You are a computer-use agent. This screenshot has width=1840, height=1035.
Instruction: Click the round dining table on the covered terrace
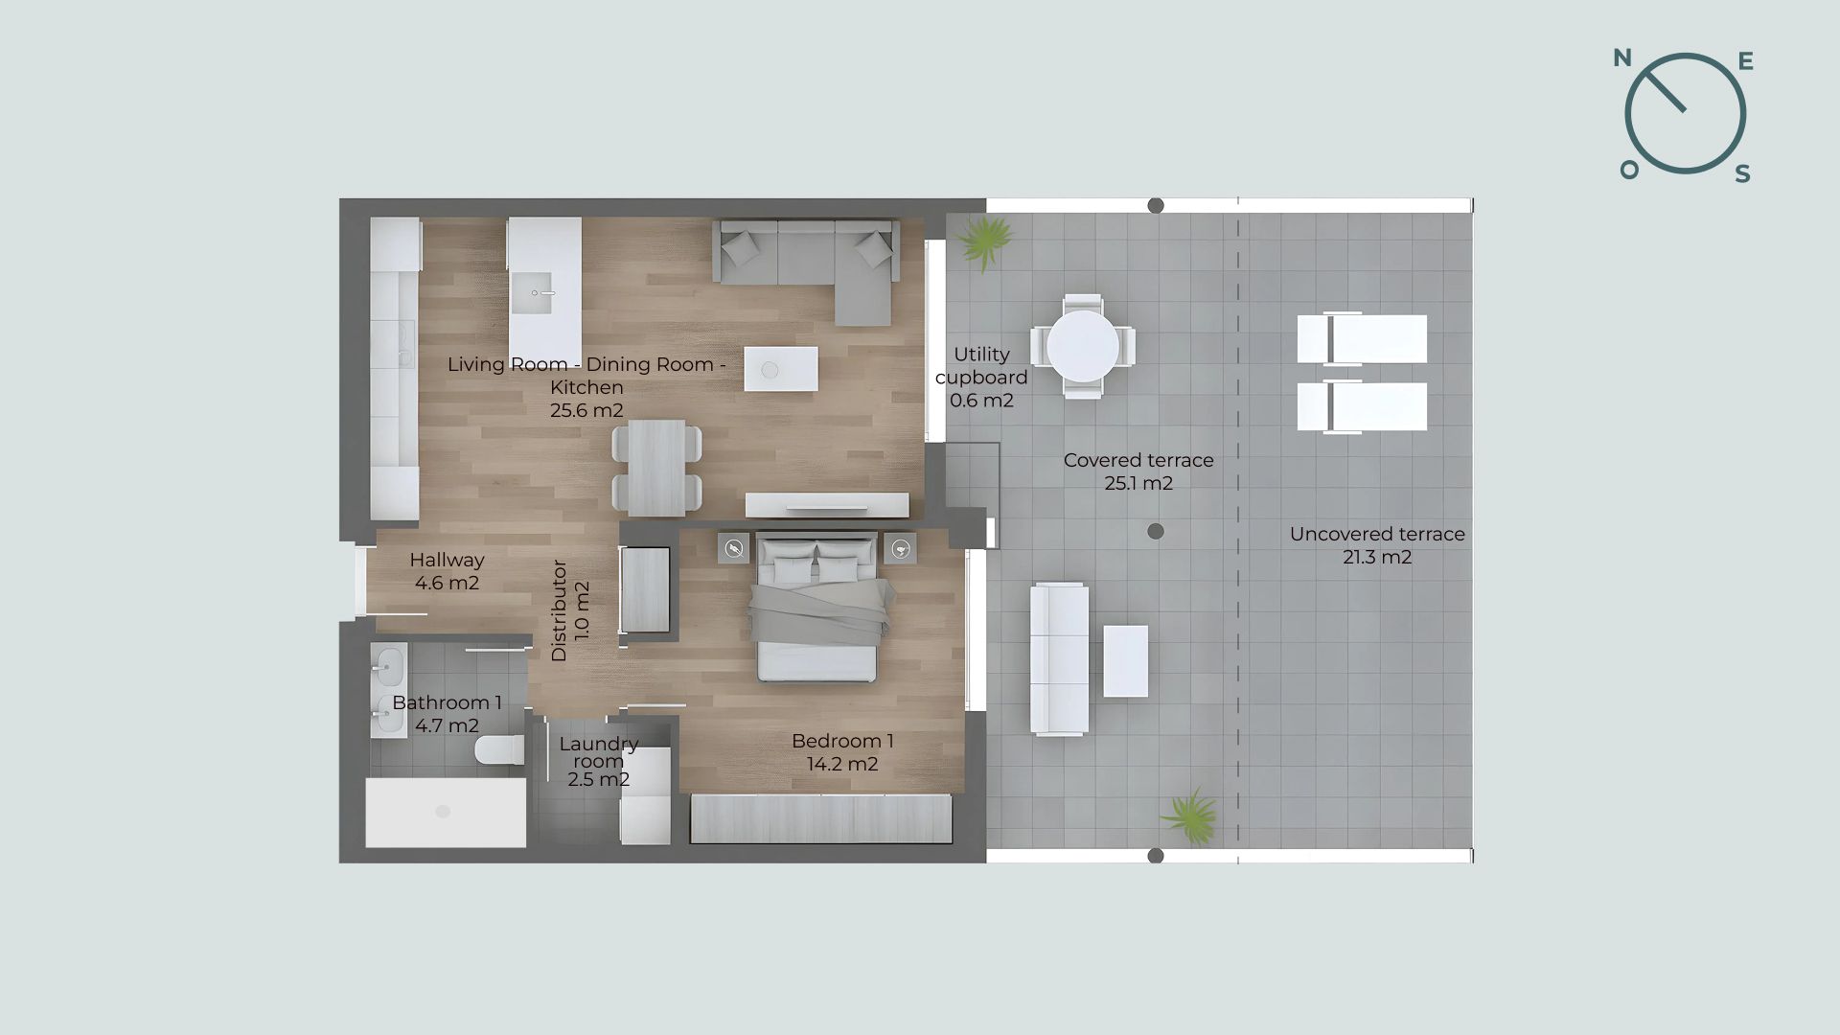(x=1083, y=346)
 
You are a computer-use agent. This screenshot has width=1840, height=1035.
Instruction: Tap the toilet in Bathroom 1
(x=499, y=750)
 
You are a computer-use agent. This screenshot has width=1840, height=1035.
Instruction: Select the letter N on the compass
(x=1622, y=58)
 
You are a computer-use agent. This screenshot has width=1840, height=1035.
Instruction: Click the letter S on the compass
(x=1743, y=173)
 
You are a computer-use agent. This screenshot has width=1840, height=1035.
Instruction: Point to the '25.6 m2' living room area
(x=586, y=411)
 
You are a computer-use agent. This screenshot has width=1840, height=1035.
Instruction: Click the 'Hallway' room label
(x=447, y=560)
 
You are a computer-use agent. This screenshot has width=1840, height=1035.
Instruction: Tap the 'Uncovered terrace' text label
(x=1377, y=534)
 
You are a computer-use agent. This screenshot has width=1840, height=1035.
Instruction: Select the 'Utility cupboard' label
(x=981, y=366)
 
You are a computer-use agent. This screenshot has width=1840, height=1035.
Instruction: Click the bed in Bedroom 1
(x=816, y=608)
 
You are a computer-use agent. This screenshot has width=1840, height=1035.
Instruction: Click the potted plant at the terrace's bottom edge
(x=1190, y=816)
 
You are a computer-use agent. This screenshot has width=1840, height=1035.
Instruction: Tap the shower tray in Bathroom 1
(x=446, y=813)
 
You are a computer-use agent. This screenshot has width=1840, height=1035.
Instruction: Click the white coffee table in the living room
(x=781, y=369)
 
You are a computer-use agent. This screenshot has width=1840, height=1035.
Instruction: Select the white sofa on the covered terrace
(x=1059, y=659)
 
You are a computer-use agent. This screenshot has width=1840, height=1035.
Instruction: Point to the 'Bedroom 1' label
(x=842, y=741)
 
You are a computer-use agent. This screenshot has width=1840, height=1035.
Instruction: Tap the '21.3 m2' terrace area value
(x=1377, y=557)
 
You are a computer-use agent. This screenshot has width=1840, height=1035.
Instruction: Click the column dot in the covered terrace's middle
(x=1156, y=531)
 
